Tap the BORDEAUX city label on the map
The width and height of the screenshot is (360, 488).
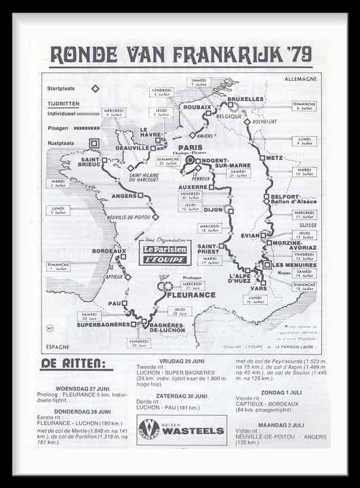click(x=106, y=251)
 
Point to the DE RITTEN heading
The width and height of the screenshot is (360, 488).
click(x=76, y=363)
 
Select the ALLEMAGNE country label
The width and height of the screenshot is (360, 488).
click(x=300, y=79)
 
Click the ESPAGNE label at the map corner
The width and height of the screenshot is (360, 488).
click(x=58, y=346)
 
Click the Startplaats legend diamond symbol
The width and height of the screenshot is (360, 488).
click(x=96, y=88)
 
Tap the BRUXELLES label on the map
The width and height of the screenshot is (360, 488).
click(x=245, y=99)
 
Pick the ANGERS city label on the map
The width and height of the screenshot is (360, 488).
click(x=125, y=196)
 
